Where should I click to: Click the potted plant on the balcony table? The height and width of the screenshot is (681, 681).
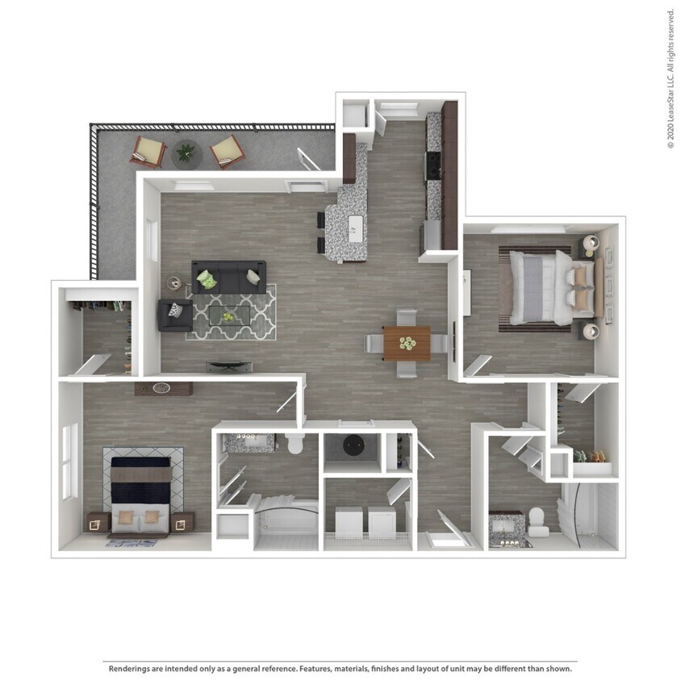(186, 151)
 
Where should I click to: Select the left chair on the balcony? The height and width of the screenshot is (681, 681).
(148, 151)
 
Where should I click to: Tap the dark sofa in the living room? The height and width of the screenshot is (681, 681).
(229, 277)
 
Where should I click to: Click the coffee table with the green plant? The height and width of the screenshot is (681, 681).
(230, 315)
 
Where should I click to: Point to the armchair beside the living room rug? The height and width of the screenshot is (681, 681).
(173, 315)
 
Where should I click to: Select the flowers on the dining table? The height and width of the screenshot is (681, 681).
(406, 343)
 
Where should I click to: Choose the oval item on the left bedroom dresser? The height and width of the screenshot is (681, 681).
(162, 387)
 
